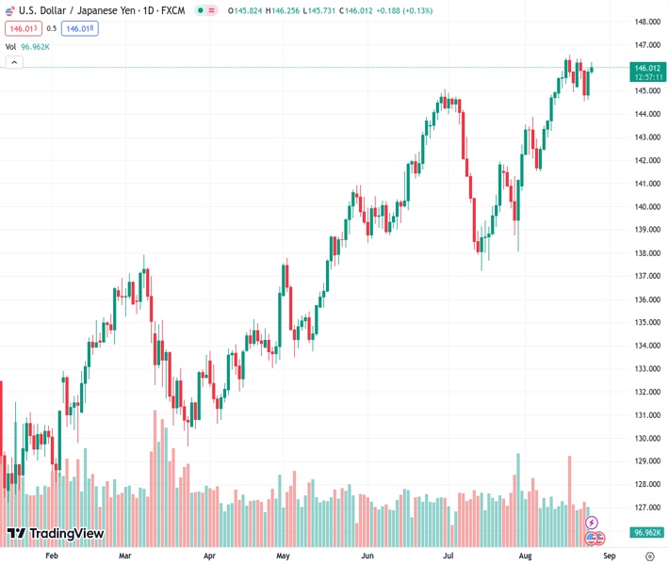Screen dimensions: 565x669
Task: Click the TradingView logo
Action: pos(55,534)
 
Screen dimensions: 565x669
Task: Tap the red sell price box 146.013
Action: pos(22,28)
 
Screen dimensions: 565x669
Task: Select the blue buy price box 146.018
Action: pos(80,28)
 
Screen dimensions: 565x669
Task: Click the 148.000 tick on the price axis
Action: pos(646,22)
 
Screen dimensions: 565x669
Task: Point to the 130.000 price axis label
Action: pos(646,438)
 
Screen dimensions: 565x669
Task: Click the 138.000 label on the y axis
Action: pos(646,253)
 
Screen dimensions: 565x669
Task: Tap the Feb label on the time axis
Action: pos(52,557)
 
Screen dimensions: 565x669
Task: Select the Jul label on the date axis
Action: pos(449,557)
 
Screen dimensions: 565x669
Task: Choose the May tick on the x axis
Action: pos(282,557)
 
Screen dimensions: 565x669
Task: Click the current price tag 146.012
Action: pos(647,68)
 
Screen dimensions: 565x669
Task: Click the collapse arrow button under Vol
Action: pos(14,62)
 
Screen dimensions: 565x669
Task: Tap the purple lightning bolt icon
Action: pos(592,523)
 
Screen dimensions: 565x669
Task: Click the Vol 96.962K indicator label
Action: pos(28,46)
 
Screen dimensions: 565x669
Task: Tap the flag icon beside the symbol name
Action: pos(10,10)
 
